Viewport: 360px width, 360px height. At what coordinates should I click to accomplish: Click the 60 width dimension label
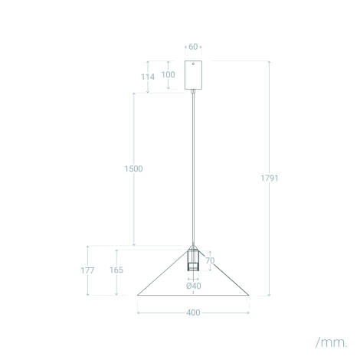(x=193, y=47)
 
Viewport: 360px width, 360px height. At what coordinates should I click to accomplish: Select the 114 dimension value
(x=148, y=77)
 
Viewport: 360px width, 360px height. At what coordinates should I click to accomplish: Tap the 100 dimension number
(x=169, y=74)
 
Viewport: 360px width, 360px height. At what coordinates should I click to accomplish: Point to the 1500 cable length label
(x=133, y=169)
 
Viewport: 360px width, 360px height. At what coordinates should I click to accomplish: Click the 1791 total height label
(x=270, y=178)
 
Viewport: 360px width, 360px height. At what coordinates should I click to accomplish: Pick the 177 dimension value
(x=87, y=270)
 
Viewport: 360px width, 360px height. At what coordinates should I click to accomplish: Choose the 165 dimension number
(x=116, y=270)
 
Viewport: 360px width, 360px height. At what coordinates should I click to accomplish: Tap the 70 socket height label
(x=210, y=260)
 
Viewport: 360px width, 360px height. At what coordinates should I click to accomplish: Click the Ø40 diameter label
(x=194, y=286)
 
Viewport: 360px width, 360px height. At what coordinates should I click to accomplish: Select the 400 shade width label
(x=193, y=313)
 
